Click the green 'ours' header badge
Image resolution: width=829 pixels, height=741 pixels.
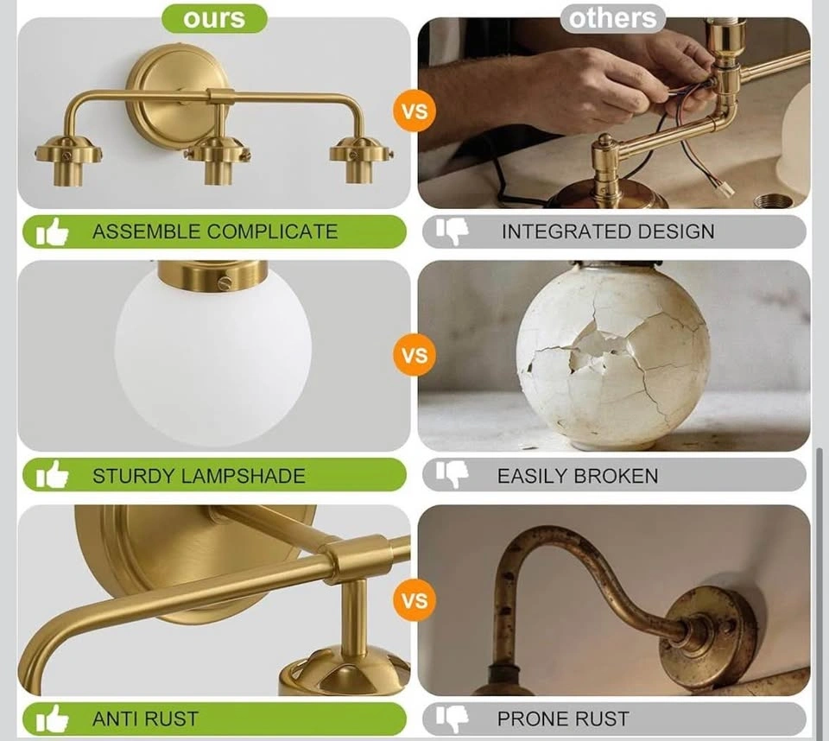pyautogui.click(x=214, y=18)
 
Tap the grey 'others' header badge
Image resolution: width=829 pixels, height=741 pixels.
pyautogui.click(x=613, y=18)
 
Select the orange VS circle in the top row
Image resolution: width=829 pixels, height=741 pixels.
pyautogui.click(x=414, y=111)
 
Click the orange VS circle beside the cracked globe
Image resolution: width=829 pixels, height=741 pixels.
pyautogui.click(x=414, y=355)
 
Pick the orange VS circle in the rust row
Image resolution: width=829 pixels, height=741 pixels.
pyautogui.click(x=414, y=600)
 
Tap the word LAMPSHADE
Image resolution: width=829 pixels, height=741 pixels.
pyautogui.click(x=244, y=476)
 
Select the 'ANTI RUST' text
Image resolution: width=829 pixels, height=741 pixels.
pyautogui.click(x=145, y=719)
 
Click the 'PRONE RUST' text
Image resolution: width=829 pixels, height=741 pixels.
pyautogui.click(x=563, y=719)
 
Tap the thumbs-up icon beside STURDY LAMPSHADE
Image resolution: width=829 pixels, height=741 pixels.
pyautogui.click(x=53, y=474)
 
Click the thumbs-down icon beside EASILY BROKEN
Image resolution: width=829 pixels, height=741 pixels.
pyautogui.click(x=452, y=475)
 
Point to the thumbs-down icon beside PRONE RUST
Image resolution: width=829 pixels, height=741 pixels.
pyautogui.click(x=452, y=719)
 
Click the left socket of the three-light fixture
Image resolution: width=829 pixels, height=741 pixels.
pyautogui.click(x=67, y=160)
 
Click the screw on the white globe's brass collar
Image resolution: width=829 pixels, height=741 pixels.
pyautogui.click(x=225, y=283)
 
